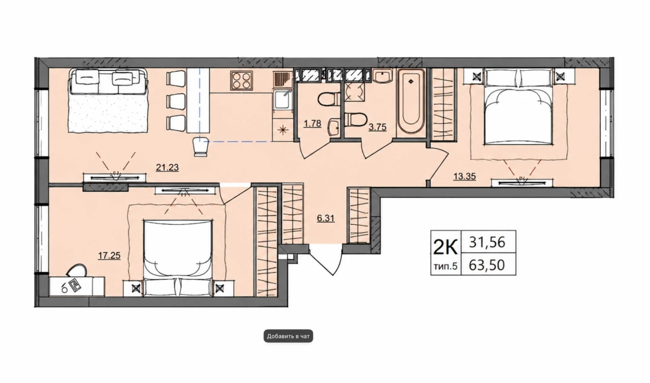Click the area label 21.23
[x=167, y=168]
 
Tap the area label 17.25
[x=109, y=256]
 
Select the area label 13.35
[x=465, y=176]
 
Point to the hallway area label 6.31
[x=326, y=218]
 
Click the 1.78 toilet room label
[x=312, y=124]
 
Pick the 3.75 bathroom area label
[x=377, y=127]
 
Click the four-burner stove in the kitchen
[x=241, y=80]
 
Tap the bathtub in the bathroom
[x=411, y=101]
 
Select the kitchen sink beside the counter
[x=282, y=99]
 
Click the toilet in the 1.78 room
[x=330, y=99]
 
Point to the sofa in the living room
[x=108, y=101]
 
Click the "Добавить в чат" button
[x=288, y=336]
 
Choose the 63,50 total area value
[x=487, y=265]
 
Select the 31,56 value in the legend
[x=487, y=242]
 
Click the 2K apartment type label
[x=445, y=248]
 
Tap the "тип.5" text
[x=445, y=266]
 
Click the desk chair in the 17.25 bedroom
[x=77, y=270]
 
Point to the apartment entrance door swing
[x=326, y=260]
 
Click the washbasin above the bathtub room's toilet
[x=382, y=76]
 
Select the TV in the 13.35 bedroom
[x=522, y=183]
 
